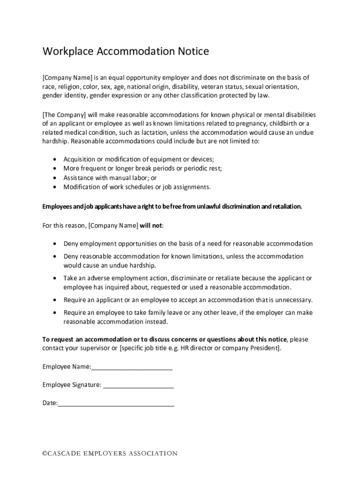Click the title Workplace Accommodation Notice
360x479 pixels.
(125, 51)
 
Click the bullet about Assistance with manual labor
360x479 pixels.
(110, 178)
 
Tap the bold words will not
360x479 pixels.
(151, 225)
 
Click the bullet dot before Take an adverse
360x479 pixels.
(56, 278)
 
